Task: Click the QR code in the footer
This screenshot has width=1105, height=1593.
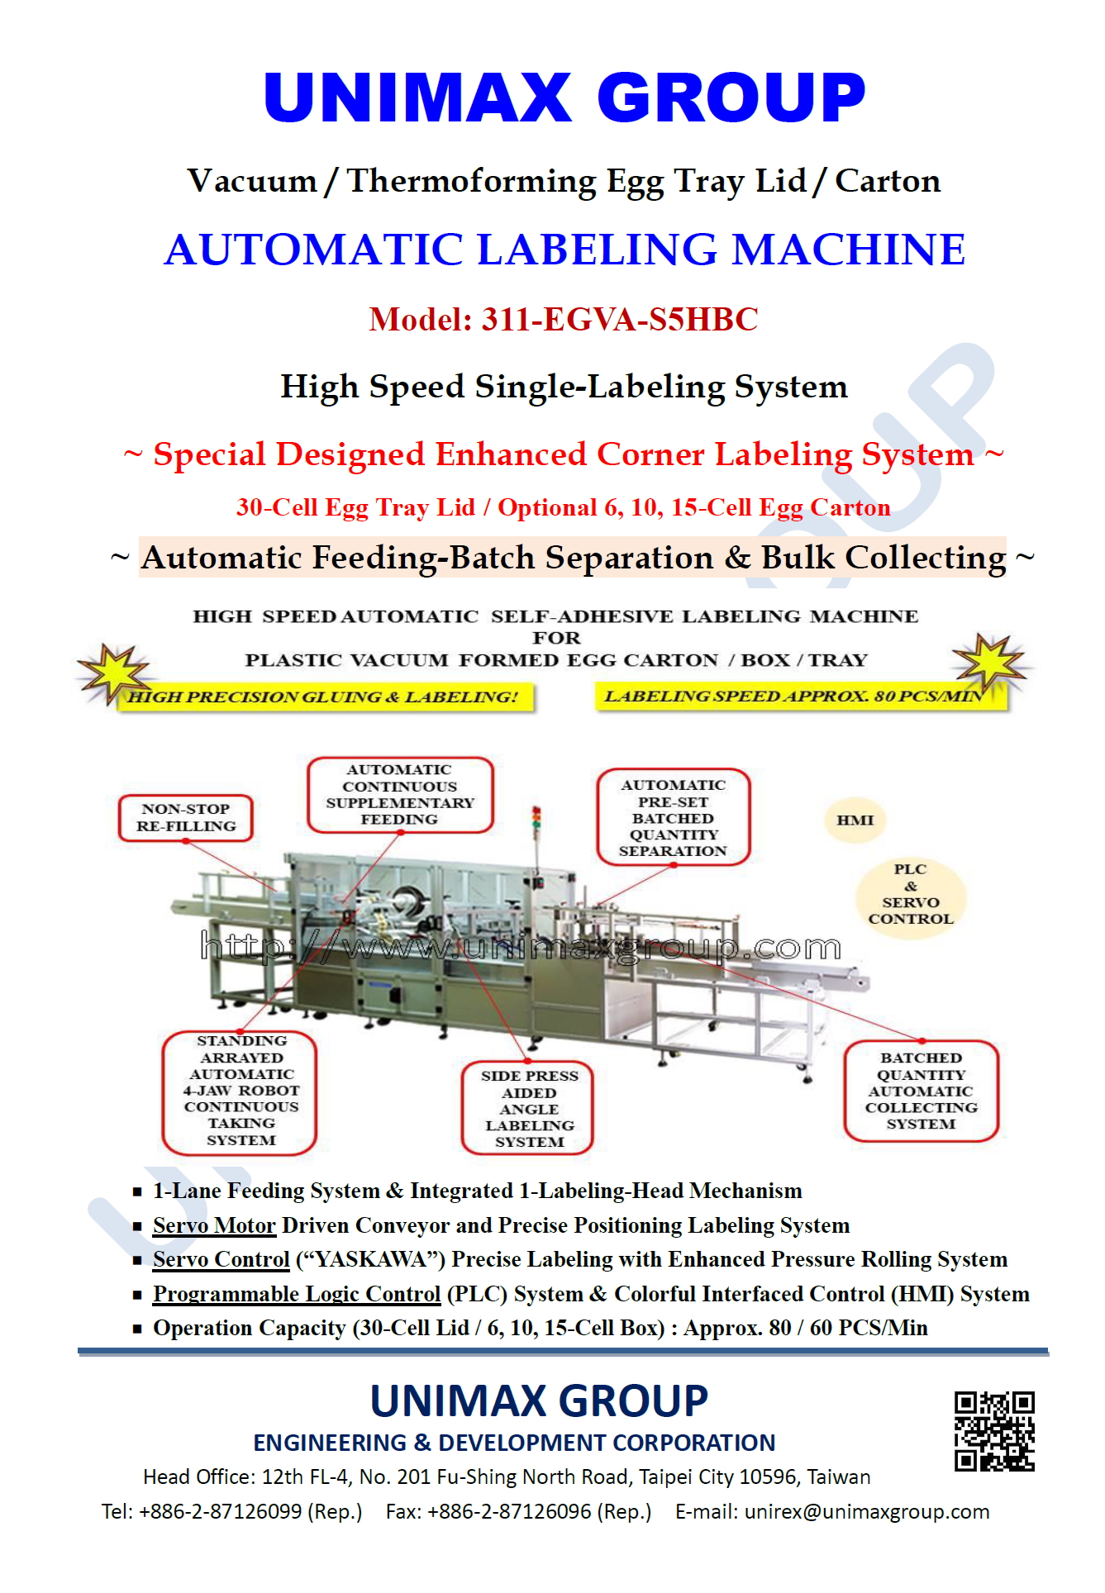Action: (x=993, y=1431)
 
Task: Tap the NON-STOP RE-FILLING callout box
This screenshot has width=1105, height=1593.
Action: (x=186, y=818)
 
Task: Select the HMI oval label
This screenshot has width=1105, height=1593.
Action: (x=855, y=820)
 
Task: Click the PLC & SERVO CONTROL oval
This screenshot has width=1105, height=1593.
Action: (x=910, y=894)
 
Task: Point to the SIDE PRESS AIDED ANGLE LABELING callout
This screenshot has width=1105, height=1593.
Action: (x=529, y=1108)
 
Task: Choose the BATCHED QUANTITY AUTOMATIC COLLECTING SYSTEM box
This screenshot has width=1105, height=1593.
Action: (x=921, y=1091)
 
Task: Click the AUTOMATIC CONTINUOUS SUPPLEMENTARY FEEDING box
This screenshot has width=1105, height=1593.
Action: (x=400, y=794)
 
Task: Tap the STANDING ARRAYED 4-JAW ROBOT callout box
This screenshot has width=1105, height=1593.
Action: (x=241, y=1091)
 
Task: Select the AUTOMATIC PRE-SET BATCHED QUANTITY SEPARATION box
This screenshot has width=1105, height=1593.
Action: (x=673, y=817)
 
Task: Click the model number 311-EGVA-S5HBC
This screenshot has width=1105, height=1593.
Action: (x=620, y=320)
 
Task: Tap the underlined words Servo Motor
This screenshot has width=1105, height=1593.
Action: (x=214, y=1225)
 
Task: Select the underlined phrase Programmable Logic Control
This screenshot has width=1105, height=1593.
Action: (x=297, y=1294)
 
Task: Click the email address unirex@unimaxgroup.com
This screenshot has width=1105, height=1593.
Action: (x=867, y=1512)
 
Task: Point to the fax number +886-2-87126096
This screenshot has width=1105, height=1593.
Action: (x=509, y=1512)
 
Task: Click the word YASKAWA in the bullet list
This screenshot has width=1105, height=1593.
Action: (x=371, y=1260)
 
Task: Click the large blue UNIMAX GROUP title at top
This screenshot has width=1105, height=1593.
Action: (x=564, y=97)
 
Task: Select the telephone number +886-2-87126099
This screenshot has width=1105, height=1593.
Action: (x=221, y=1512)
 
